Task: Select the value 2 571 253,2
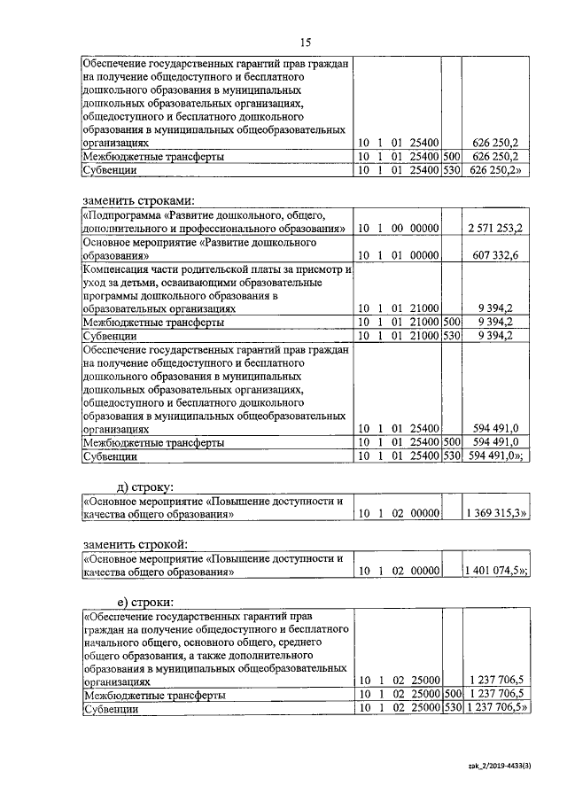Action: coord(494,229)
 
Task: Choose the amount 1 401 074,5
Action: coord(495,572)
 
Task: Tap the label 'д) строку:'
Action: coord(146,486)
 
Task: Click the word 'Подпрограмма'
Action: coord(121,215)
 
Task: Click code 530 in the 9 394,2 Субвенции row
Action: coord(451,336)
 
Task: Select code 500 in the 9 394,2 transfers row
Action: coord(451,322)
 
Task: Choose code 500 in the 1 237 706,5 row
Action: coord(451,696)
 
